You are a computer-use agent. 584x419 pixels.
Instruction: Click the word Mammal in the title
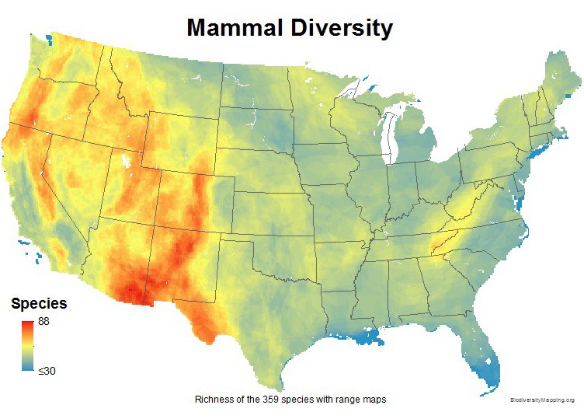coord(238,29)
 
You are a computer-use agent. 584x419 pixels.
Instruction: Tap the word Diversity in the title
coord(342,29)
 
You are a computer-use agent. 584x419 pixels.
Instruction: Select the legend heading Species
coord(39,303)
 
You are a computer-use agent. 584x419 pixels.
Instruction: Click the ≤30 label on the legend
coord(47,371)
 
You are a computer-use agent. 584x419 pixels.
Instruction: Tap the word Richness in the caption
coord(213,399)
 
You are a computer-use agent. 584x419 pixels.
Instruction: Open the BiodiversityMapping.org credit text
coord(542,400)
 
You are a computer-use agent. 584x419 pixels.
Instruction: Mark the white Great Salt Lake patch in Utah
coord(124,164)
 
